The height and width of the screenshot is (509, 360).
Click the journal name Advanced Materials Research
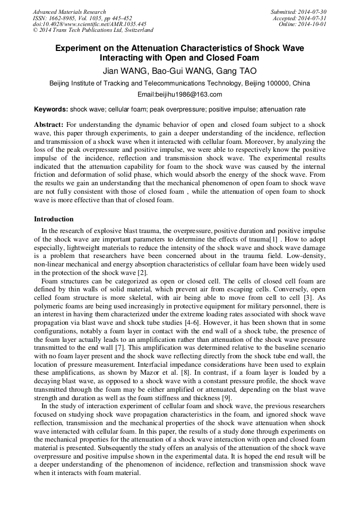point(69,12)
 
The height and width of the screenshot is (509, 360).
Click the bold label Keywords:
point(51,109)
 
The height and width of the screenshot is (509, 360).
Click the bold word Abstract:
point(49,124)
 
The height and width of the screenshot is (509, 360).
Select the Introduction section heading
point(54,219)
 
